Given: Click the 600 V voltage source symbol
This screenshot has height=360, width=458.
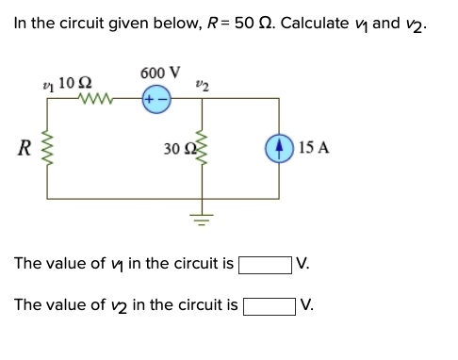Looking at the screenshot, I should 156,100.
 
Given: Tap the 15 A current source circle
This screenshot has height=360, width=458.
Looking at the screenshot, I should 278,147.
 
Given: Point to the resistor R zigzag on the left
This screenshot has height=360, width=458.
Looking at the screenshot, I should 48,148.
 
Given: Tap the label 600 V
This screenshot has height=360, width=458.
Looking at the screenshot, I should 158,74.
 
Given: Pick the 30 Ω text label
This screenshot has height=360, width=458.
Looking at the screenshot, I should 174,148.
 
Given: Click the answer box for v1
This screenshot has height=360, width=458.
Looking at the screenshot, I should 264,264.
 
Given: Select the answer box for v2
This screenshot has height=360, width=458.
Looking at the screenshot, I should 270,305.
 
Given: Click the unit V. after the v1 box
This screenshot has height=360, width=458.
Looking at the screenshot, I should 303,264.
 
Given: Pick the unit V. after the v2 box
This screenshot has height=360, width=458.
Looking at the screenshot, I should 308,305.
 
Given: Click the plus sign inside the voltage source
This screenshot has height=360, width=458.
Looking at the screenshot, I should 150,100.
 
